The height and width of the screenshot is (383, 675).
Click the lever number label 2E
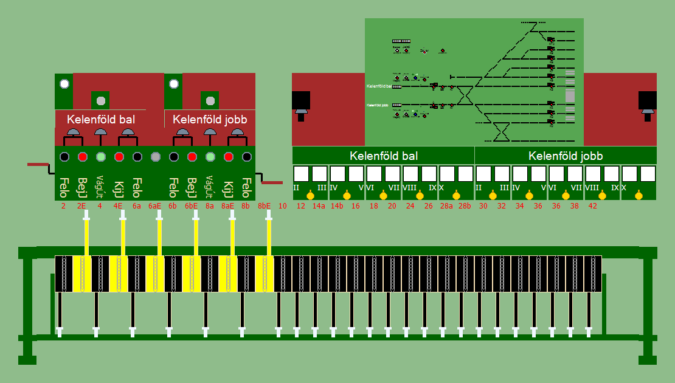pyautogui.click(x=81, y=206)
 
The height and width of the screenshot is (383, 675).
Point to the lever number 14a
pyautogui.click(x=319, y=206)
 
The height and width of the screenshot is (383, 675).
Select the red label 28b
pyautogui.click(x=465, y=206)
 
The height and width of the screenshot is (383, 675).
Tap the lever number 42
pyautogui.click(x=593, y=206)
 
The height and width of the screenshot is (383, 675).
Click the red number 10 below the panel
pyautogui.click(x=283, y=206)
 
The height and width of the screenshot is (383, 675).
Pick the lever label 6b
pyautogui.click(x=173, y=206)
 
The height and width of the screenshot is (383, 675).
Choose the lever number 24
pyautogui.click(x=410, y=206)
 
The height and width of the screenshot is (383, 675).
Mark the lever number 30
pyautogui.click(x=483, y=206)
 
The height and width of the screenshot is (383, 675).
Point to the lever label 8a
pyautogui.click(x=210, y=206)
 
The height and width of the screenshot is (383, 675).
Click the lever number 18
pyautogui.click(x=374, y=206)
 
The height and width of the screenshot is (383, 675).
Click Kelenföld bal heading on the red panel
pyautogui.click(x=101, y=119)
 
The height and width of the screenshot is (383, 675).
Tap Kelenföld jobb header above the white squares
pyautogui.click(x=566, y=156)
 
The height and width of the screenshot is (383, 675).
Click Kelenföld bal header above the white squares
pyautogui.click(x=384, y=156)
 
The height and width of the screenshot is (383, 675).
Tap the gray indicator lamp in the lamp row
pyautogui.click(x=156, y=157)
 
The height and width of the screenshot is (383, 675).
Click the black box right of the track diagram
pyautogui.click(x=647, y=100)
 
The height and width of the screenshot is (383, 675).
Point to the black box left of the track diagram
pyautogui.click(x=301, y=100)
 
